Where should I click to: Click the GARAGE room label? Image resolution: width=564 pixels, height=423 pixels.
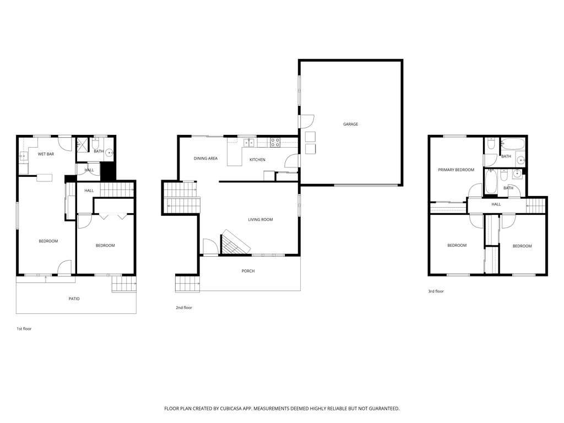350,124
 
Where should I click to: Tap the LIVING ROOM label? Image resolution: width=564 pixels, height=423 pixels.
261,219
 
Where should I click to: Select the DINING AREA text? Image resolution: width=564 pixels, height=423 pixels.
205,158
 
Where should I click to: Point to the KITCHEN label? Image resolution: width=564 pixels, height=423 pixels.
258,160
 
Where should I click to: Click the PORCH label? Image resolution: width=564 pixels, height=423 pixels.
248,271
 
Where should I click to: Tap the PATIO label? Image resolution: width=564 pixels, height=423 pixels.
74,299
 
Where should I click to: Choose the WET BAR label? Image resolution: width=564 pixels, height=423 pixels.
46,154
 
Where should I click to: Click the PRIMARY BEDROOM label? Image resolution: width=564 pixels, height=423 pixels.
456,170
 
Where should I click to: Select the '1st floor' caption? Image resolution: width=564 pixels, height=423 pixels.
24,329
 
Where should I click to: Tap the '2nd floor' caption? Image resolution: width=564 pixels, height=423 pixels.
184,307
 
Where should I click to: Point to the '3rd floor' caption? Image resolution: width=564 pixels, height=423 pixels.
436,291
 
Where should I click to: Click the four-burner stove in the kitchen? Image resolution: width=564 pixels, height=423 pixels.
275,143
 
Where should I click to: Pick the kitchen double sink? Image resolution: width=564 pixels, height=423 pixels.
249,143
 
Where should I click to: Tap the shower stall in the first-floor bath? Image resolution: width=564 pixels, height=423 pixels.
83,145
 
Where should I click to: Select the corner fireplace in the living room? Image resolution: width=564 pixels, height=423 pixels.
235,242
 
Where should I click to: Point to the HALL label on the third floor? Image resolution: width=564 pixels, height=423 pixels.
496,204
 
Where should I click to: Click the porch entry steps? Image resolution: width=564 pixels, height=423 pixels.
187,284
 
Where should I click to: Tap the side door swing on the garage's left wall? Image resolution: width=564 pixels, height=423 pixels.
307,122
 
